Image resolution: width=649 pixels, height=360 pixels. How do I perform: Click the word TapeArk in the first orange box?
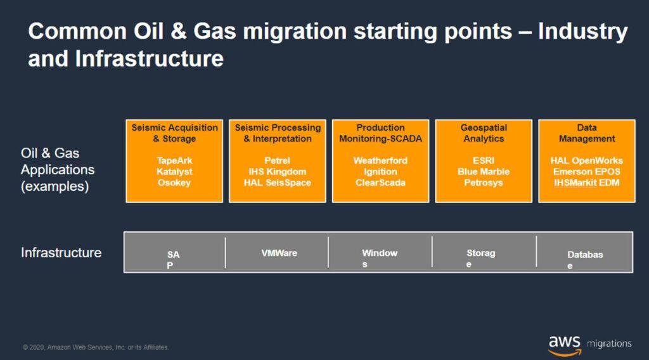pyautogui.click(x=174, y=160)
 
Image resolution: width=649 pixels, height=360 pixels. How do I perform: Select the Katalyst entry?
pyautogui.click(x=174, y=171)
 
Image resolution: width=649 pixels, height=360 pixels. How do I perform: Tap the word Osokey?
pyautogui.click(x=174, y=183)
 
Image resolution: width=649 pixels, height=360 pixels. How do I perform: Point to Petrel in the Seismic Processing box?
pyautogui.click(x=278, y=160)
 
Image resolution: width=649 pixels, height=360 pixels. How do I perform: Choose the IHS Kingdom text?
pyautogui.click(x=278, y=171)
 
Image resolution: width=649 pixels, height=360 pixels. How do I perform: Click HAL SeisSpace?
pyautogui.click(x=278, y=183)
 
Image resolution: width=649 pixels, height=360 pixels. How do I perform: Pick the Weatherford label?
pyautogui.click(x=380, y=160)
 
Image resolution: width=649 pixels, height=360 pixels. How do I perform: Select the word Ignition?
pyautogui.click(x=380, y=171)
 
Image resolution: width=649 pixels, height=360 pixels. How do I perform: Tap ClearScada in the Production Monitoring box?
pyautogui.click(x=380, y=183)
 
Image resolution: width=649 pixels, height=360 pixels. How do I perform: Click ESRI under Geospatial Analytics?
pyautogui.click(x=484, y=160)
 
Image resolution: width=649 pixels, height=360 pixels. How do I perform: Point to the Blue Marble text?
pyautogui.click(x=484, y=171)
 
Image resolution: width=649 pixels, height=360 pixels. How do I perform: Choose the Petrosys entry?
pyautogui.click(x=484, y=183)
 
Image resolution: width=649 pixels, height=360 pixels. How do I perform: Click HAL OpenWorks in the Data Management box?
pyautogui.click(x=586, y=160)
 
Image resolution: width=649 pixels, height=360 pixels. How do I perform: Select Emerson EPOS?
pyautogui.click(x=586, y=171)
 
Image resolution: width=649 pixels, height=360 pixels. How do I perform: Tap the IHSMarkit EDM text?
pyautogui.click(x=586, y=183)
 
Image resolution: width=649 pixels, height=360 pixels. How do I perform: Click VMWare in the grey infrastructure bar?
pyautogui.click(x=279, y=253)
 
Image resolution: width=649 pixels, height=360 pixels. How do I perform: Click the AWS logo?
pyautogui.click(x=565, y=345)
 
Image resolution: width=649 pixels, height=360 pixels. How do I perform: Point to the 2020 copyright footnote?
pyautogui.click(x=96, y=347)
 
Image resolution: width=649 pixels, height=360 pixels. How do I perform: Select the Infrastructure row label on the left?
pyautogui.click(x=61, y=252)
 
